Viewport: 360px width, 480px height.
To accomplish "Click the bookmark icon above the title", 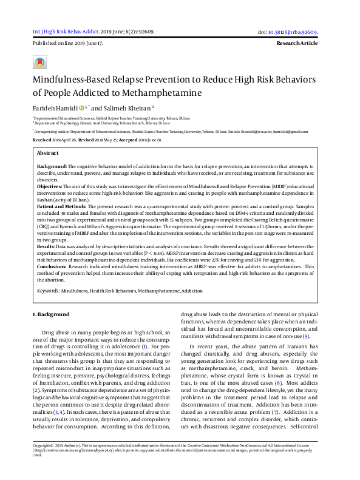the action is tap(39, 63).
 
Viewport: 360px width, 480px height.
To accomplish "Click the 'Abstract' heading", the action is tap(48, 154).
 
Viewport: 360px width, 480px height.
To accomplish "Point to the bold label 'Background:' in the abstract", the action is tap(52, 166).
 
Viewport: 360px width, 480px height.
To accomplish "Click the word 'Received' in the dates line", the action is tap(42, 140).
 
